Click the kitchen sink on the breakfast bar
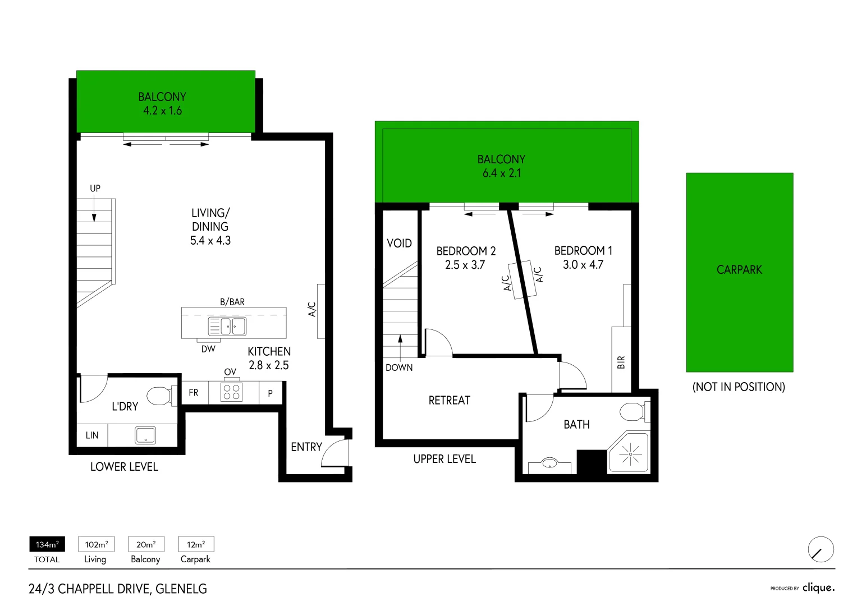pyautogui.click(x=227, y=326)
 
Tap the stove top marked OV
pyautogui.click(x=232, y=392)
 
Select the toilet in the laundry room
pyautogui.click(x=159, y=396)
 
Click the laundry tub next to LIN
pyautogui.click(x=145, y=435)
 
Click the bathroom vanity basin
pyautogui.click(x=549, y=463)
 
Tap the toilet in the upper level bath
pyautogui.click(x=633, y=411)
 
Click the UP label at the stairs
pyautogui.click(x=95, y=189)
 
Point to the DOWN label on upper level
pyautogui.click(x=399, y=368)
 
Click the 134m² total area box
pyautogui.click(x=47, y=544)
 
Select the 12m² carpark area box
pyautogui.click(x=196, y=544)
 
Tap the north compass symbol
pyautogui.click(x=821, y=549)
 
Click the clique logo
pyautogui.click(x=818, y=587)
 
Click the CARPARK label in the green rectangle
pyautogui.click(x=739, y=270)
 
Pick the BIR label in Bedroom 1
pyautogui.click(x=621, y=362)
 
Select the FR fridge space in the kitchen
pyautogui.click(x=194, y=392)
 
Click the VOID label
pyautogui.click(x=399, y=244)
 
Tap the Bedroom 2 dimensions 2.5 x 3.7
pyautogui.click(x=465, y=265)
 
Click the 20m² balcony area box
pyautogui.click(x=146, y=544)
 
